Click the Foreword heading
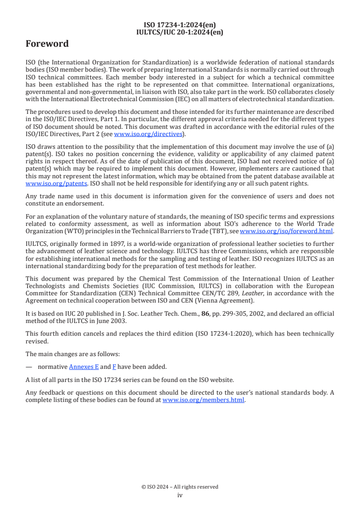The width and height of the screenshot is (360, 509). [47, 44]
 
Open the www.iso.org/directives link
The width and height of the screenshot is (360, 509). [148, 134]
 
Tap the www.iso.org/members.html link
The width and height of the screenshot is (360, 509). [203, 400]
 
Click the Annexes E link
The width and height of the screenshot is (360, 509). [84, 367]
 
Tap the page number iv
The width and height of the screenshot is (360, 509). [180, 495]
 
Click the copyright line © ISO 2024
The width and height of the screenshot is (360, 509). [180, 487]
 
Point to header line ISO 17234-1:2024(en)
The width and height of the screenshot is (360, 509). [180, 25]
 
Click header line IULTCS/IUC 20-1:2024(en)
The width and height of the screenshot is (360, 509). [180, 32]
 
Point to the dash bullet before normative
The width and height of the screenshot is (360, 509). [29, 367]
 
